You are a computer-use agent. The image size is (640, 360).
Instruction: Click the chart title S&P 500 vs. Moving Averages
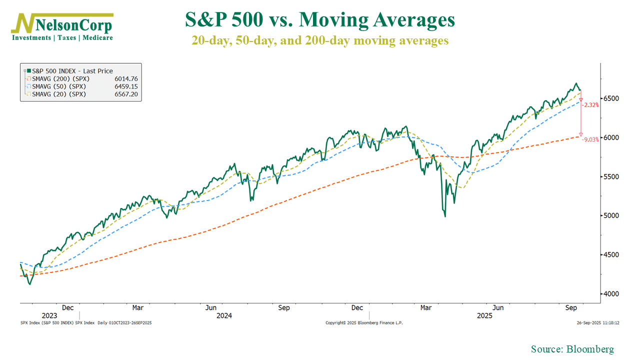[x=320, y=20]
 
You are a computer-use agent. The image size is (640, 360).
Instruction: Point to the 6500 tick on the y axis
[x=611, y=98]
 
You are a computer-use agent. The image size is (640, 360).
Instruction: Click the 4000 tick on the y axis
[x=611, y=293]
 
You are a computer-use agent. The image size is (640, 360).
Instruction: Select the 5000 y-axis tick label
[x=611, y=215]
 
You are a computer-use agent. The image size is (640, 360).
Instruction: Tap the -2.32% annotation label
[x=591, y=105]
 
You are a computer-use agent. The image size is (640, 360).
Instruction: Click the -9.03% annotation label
[x=591, y=139]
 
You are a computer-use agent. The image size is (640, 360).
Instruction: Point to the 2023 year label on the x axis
[x=49, y=316]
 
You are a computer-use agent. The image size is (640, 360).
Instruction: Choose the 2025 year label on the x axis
[x=484, y=316]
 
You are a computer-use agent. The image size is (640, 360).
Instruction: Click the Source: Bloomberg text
[x=572, y=349]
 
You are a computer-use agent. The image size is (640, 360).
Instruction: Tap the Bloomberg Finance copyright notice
[x=364, y=323]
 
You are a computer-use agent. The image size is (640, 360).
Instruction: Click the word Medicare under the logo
[x=97, y=37]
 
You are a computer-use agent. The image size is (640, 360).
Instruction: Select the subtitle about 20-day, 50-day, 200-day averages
[x=320, y=40]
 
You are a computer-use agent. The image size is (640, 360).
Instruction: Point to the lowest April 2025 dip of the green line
[x=445, y=216]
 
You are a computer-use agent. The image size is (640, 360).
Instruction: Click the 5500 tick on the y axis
[x=611, y=176]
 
